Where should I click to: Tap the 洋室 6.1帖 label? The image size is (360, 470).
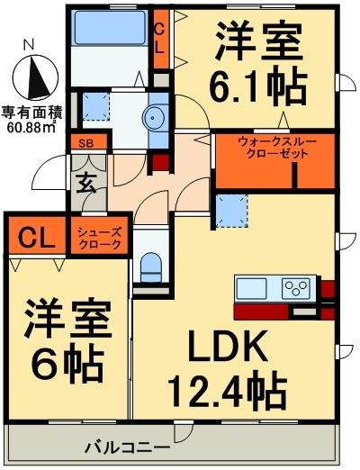[258, 63]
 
